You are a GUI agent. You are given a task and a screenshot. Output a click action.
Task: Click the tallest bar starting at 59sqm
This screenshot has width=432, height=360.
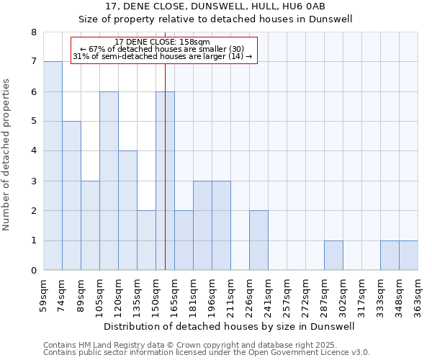(x=53, y=166)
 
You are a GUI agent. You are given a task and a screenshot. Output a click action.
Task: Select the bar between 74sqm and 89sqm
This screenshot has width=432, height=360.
(x=71, y=196)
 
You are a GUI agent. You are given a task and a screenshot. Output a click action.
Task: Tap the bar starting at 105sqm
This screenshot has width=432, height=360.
(x=109, y=181)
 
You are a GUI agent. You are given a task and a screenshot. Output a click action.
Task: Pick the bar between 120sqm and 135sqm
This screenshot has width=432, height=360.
(x=127, y=210)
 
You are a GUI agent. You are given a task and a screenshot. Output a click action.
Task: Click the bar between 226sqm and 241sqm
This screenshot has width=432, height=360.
(x=258, y=240)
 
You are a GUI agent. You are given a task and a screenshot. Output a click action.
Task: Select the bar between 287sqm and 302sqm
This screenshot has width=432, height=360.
(x=333, y=256)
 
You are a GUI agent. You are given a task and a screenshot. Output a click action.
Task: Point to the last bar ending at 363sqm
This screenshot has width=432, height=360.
(x=408, y=256)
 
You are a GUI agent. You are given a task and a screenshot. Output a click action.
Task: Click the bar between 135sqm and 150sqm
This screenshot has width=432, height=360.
(x=146, y=240)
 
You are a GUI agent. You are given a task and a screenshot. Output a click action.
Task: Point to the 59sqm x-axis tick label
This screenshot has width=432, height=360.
(x=44, y=294)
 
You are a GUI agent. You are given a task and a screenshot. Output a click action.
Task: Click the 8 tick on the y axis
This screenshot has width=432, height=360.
(x=34, y=32)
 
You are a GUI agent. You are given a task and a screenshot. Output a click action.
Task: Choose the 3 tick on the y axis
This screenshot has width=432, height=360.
(x=34, y=181)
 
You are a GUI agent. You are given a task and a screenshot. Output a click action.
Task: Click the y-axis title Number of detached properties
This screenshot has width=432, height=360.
(x=7, y=151)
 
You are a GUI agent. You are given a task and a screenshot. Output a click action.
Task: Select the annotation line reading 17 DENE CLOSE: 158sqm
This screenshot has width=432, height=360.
(x=163, y=42)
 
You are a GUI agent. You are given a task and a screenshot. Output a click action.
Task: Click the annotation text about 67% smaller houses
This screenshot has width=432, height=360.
(x=163, y=49)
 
